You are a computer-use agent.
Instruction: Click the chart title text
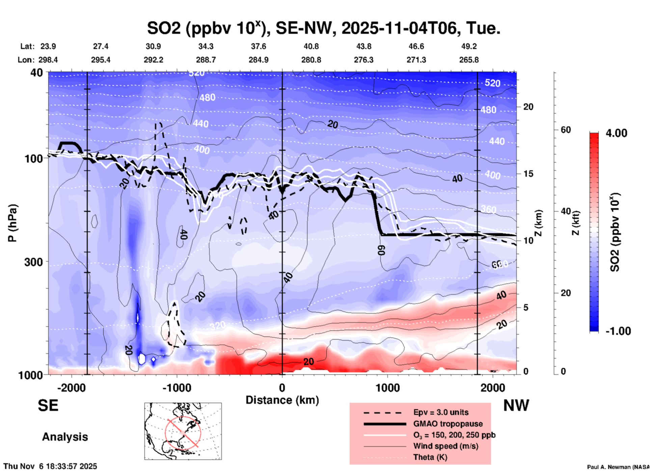323,28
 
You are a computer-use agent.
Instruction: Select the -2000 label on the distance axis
72,388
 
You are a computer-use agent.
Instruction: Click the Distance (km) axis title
282,400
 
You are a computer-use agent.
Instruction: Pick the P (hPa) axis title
12,223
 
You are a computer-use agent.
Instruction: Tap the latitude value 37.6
259,46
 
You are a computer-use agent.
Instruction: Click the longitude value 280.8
311,60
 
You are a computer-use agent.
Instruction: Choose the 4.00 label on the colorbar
616,133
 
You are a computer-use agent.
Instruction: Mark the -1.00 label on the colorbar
618,331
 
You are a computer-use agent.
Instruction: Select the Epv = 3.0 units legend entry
441,412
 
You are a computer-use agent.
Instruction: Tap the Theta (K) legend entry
430,457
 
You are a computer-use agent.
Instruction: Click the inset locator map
183,431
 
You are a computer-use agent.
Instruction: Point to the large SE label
48,405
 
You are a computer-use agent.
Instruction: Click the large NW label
516,405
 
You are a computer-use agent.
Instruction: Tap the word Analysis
65,437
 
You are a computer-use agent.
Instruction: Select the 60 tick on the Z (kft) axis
566,130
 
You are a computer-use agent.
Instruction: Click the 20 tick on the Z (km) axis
528,107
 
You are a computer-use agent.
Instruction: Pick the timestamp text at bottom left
50,466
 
